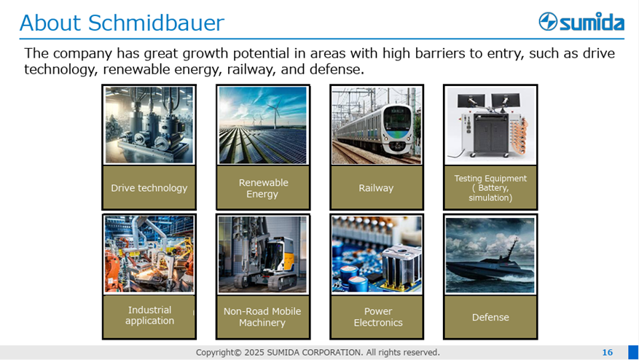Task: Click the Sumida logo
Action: click(581, 22)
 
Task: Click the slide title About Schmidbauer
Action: click(122, 23)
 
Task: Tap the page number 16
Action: click(607, 352)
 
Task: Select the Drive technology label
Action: click(149, 188)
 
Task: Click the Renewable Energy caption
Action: click(263, 188)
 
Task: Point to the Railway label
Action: click(376, 188)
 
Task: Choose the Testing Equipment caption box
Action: click(490, 188)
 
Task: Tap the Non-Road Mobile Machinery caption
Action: click(263, 317)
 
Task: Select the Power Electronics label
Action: click(377, 317)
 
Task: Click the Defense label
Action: click(490, 317)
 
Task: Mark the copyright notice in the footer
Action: click(318, 352)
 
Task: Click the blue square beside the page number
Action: click(633, 352)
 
